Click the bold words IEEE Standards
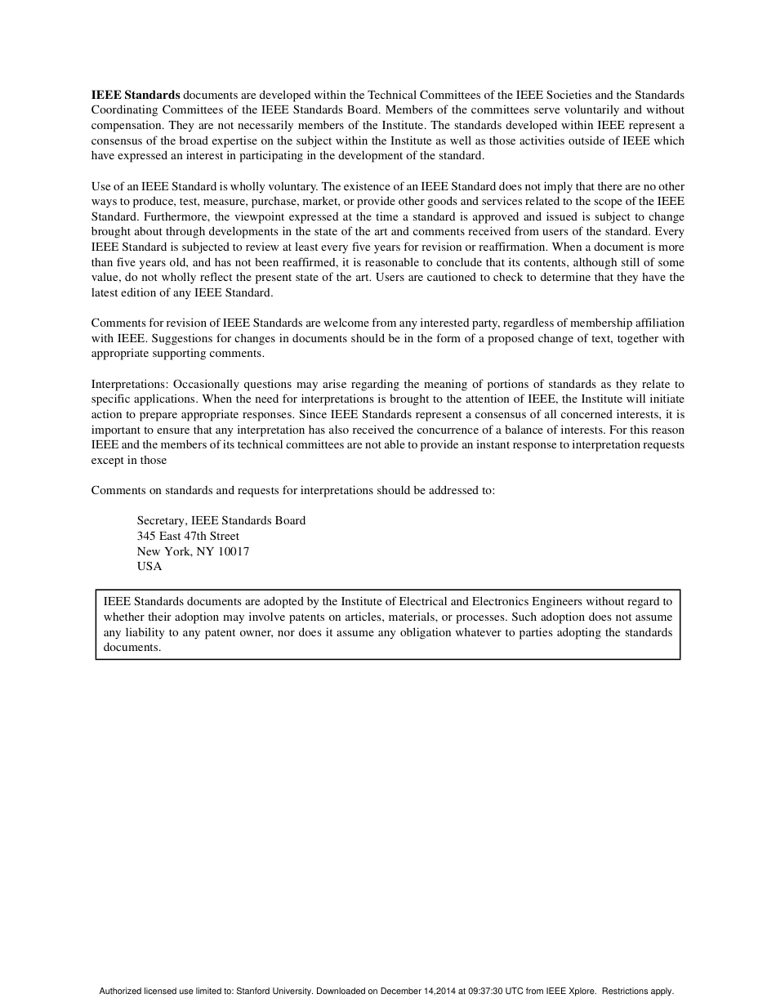pyautogui.click(x=136, y=95)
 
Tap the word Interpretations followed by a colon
pyautogui.click(x=130, y=384)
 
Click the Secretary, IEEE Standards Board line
pyautogui.click(x=221, y=520)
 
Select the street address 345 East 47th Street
pyautogui.click(x=188, y=536)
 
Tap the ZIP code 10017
pyautogui.click(x=234, y=551)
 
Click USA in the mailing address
pyautogui.click(x=149, y=566)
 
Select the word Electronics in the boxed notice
pyautogui.click(x=502, y=602)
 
